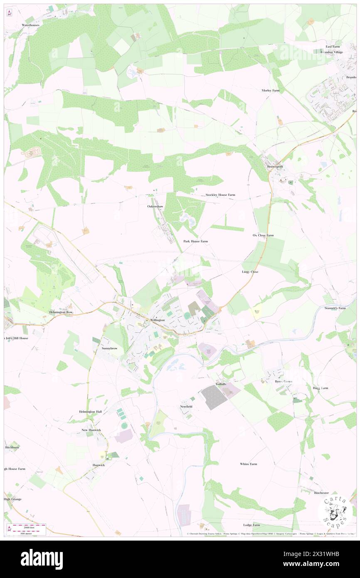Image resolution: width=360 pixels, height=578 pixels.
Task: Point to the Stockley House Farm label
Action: (x=220, y=195)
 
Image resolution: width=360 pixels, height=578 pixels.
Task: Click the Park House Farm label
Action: (x=195, y=241)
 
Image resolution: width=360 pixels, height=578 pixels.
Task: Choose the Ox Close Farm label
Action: (x=263, y=235)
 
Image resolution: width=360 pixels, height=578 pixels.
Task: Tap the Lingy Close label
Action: (x=250, y=272)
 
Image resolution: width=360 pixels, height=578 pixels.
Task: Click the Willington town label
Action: (x=157, y=320)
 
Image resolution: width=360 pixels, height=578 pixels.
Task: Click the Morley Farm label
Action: (x=270, y=90)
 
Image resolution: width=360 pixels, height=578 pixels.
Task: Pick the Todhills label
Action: (x=222, y=384)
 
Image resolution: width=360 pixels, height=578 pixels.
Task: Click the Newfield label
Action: (x=186, y=406)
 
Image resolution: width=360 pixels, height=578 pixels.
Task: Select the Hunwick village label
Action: (x=99, y=465)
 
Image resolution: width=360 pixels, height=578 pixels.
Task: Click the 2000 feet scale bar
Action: (x=29, y=527)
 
